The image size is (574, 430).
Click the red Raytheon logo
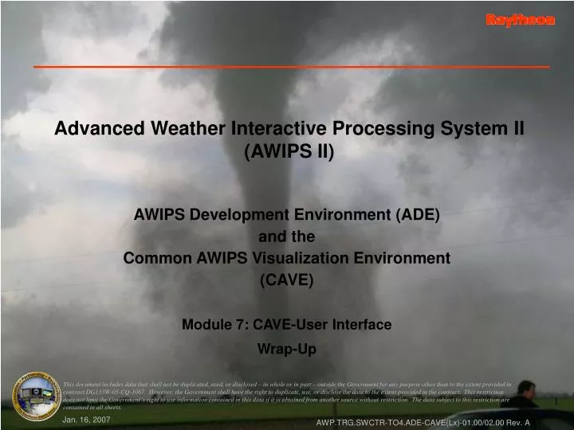click(520, 21)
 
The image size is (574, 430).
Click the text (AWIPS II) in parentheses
click(288, 152)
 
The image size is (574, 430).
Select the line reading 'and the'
click(287, 236)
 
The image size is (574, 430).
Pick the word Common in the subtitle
click(153, 258)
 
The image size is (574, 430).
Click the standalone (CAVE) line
click(287, 279)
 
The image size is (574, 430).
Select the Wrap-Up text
click(287, 349)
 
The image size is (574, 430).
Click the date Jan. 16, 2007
click(86, 418)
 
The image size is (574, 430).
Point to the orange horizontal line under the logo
click(291, 66)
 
